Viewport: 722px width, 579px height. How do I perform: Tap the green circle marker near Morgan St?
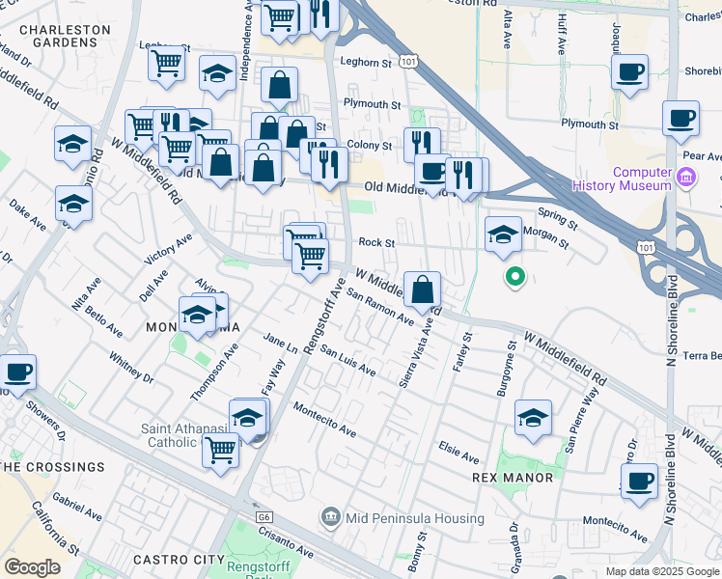pyautogui.click(x=515, y=278)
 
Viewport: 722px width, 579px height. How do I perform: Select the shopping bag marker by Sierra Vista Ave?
pyautogui.click(x=423, y=289)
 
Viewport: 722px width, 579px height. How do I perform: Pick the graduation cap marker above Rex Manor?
pyautogui.click(x=533, y=417)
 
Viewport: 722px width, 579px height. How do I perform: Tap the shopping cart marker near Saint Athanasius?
pyautogui.click(x=221, y=449)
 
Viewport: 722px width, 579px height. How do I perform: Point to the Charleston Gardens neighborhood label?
pyautogui.click(x=66, y=36)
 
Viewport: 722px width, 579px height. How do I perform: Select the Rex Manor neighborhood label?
pyautogui.click(x=513, y=478)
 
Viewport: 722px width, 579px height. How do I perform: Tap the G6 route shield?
pyautogui.click(x=264, y=517)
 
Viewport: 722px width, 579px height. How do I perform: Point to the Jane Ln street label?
pyautogui.click(x=281, y=342)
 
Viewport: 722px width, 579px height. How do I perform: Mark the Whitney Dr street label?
pyautogui.click(x=131, y=367)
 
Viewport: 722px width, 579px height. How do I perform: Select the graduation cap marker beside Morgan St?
pyautogui.click(x=502, y=234)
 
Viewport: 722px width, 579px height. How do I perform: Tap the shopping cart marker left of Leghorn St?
pyautogui.click(x=167, y=63)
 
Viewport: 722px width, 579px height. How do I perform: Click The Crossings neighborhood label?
pyautogui.click(x=52, y=467)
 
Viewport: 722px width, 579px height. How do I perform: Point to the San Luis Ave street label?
pyautogui.click(x=347, y=361)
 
